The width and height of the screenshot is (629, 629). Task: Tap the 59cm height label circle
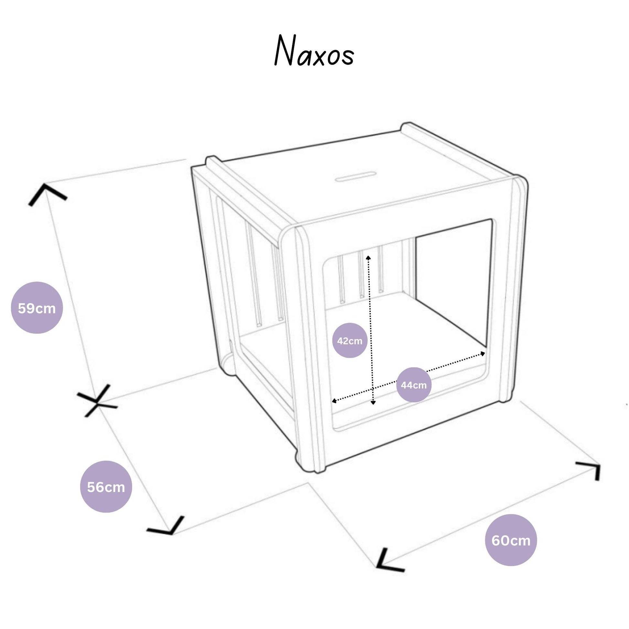37,308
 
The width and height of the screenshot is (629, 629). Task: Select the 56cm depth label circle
106,487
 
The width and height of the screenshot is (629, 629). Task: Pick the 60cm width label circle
511,540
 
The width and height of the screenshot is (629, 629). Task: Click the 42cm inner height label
350,341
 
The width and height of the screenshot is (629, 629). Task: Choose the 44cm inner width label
413,385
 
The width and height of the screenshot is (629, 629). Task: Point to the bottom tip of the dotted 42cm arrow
373,404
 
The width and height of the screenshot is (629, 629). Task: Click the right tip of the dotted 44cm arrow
484,353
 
